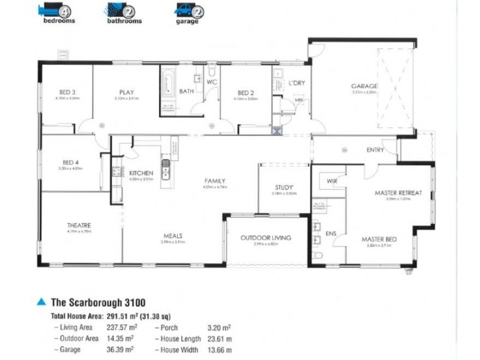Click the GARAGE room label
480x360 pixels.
pyautogui.click(x=364, y=86)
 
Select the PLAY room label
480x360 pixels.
pyautogui.click(x=125, y=92)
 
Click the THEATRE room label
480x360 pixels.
pyautogui.click(x=79, y=225)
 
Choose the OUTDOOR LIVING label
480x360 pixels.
pyautogui.click(x=266, y=238)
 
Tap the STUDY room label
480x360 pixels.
pyautogui.click(x=284, y=187)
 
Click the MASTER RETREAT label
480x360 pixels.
pyautogui.click(x=398, y=193)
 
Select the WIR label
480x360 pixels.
pyautogui.click(x=331, y=181)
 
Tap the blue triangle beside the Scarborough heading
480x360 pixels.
pyautogui.click(x=41, y=302)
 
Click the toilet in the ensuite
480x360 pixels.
pyautogui.click(x=318, y=257)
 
